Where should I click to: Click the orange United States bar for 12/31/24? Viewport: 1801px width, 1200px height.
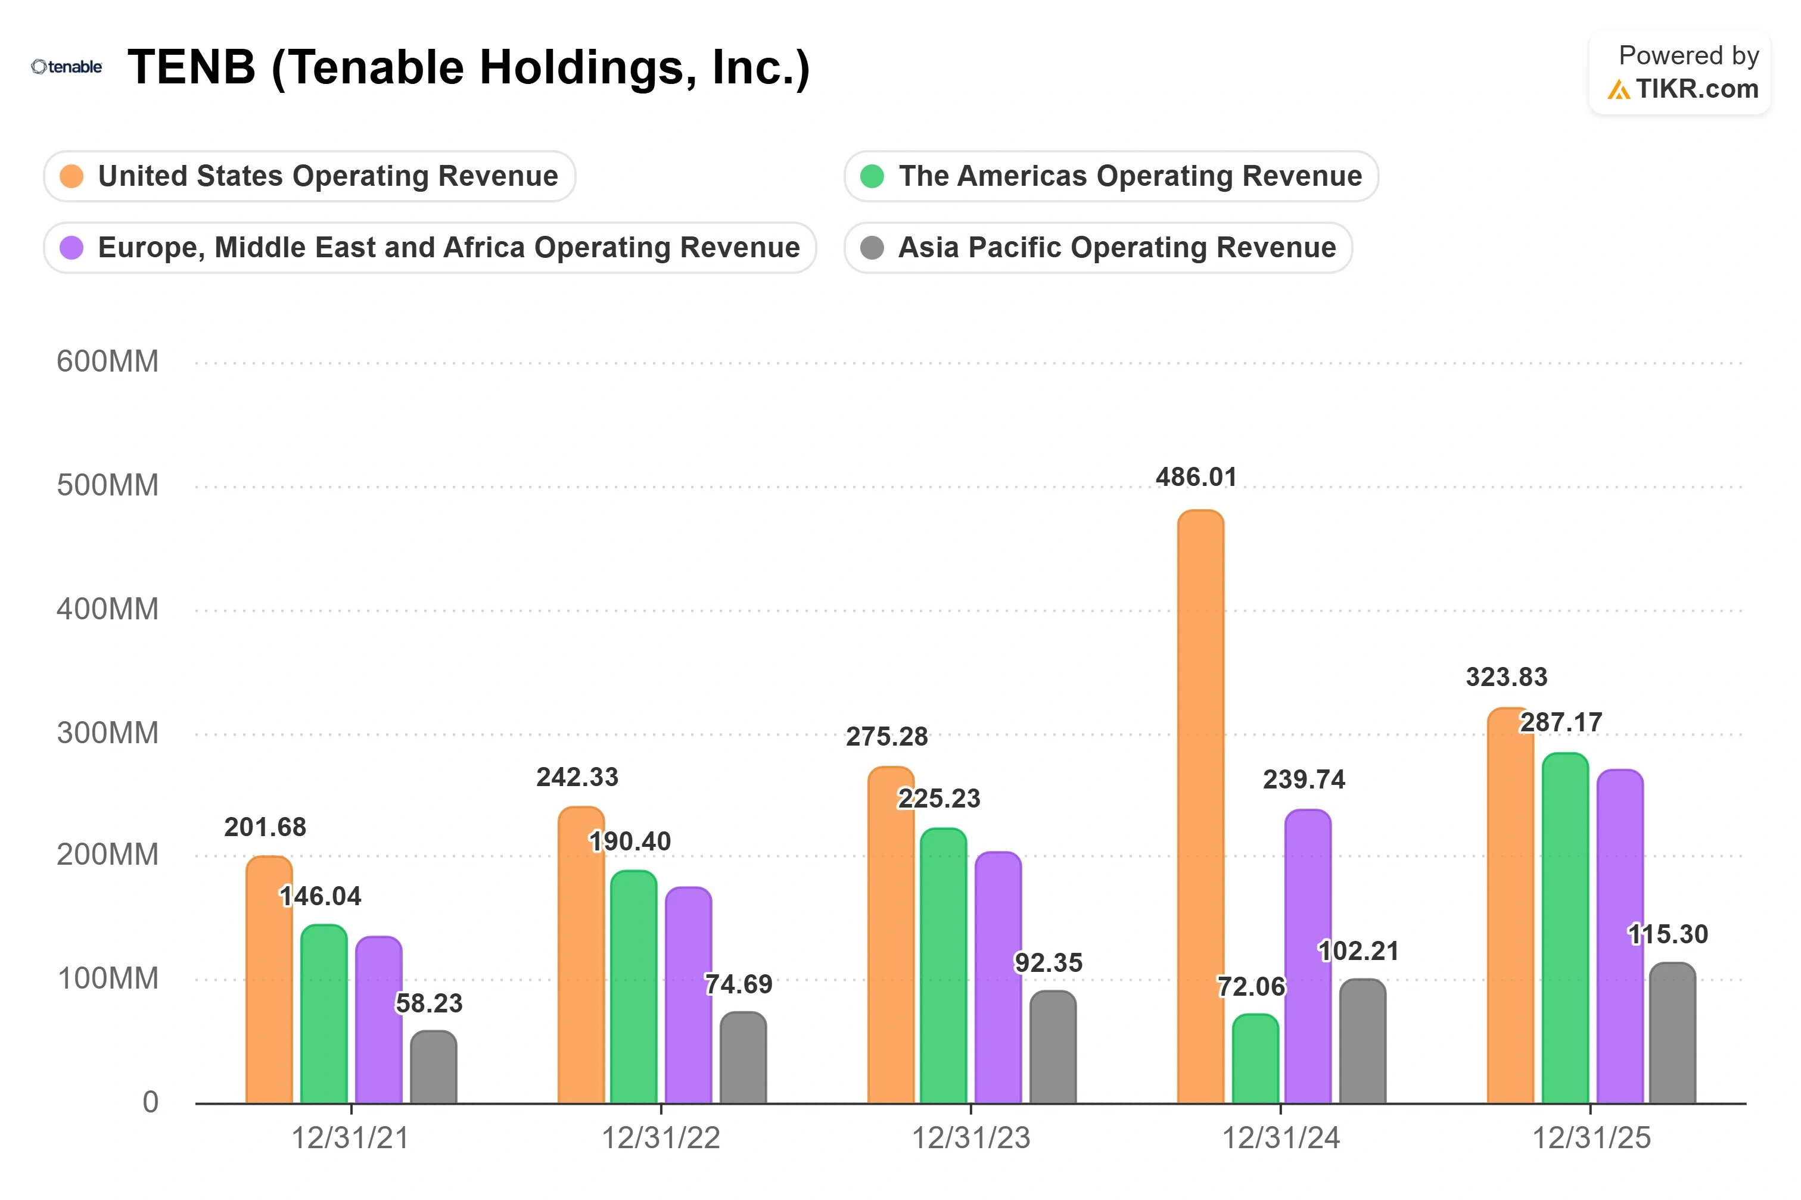[x=1200, y=806]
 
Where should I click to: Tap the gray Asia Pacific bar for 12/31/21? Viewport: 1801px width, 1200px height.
[x=433, y=1067]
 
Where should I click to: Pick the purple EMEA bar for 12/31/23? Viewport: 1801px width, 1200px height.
[x=998, y=977]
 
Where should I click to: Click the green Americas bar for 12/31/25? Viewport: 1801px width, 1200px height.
[x=1565, y=928]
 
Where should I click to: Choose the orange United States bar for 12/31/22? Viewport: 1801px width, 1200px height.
[x=581, y=955]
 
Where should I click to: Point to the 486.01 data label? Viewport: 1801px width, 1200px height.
[x=1196, y=477]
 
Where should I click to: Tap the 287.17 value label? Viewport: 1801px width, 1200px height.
[x=1561, y=722]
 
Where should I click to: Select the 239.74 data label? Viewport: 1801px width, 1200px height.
[x=1304, y=779]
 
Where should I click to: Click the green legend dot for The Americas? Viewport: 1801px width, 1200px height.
[x=872, y=176]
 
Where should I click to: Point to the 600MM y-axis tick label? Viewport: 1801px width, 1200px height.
[x=108, y=361]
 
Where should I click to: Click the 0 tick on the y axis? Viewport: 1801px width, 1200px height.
[x=151, y=1102]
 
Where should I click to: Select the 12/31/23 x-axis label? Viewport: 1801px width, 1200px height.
[x=971, y=1138]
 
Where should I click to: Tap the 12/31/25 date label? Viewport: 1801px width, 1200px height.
[x=1591, y=1138]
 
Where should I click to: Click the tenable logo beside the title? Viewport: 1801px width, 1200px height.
[x=67, y=67]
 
